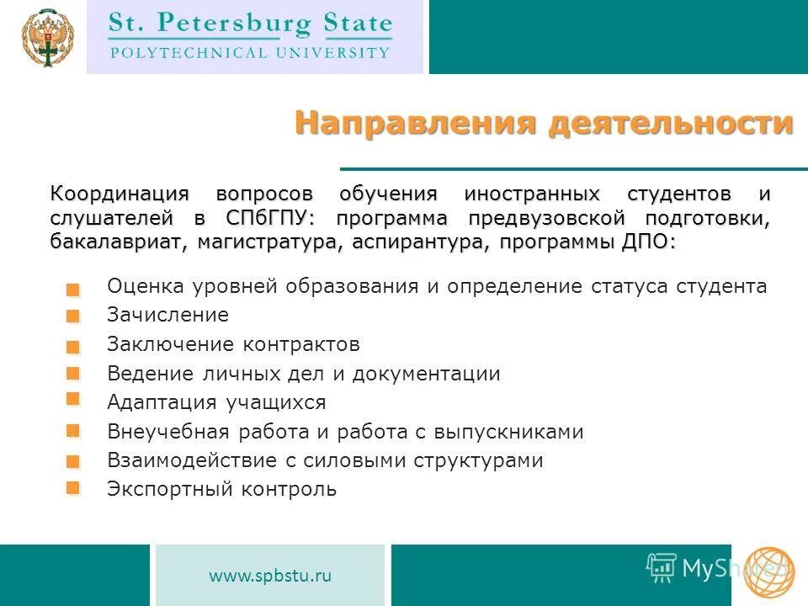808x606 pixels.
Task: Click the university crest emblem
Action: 46,38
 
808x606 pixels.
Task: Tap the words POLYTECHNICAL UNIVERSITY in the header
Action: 250,52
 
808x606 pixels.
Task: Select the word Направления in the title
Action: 415,124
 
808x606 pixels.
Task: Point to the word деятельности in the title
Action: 671,124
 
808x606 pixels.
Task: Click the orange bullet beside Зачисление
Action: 73,317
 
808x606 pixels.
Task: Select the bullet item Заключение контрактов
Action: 233,344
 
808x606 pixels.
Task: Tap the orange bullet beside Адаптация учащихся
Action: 73,398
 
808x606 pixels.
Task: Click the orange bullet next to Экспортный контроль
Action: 73,487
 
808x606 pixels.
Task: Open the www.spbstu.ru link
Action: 270,576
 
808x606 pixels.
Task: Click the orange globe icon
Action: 768,572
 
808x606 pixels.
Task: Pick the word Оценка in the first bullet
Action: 138,286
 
